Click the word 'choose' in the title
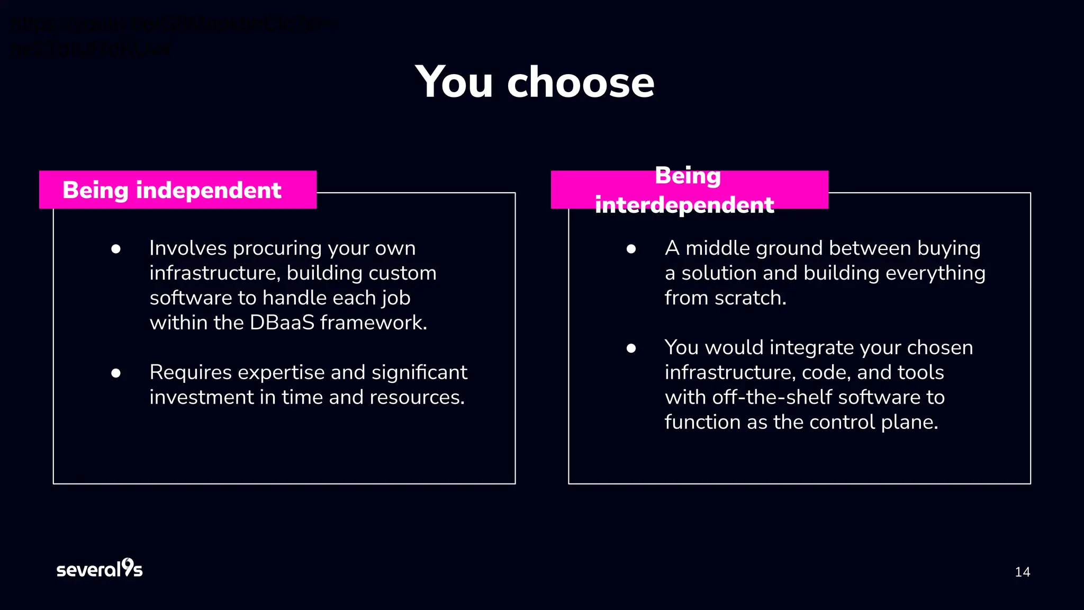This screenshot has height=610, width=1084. click(581, 83)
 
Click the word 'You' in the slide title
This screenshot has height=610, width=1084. click(455, 83)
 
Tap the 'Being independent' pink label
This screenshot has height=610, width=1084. click(177, 190)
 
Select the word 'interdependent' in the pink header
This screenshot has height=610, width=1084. click(684, 205)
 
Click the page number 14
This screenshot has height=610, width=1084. click(1022, 572)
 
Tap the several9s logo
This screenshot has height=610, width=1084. click(100, 569)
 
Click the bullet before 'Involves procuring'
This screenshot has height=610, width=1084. click(116, 249)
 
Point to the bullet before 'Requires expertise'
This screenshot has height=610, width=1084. click(116, 373)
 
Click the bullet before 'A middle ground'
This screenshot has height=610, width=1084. click(631, 249)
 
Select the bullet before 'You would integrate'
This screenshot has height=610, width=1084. click(631, 348)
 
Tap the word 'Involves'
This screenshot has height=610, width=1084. click(187, 248)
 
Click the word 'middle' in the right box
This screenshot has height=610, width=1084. click(718, 248)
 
